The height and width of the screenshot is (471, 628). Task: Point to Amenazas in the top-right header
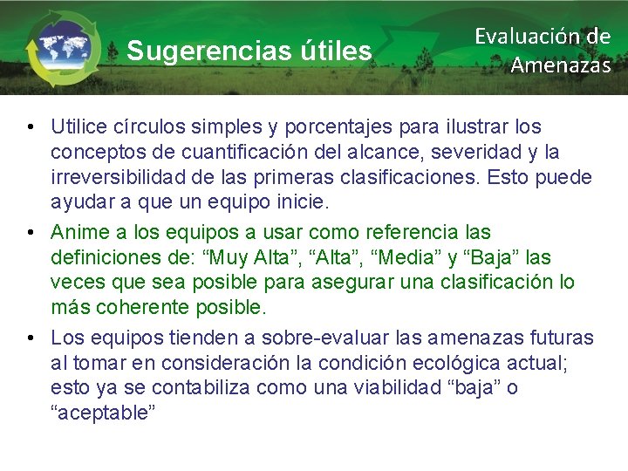click(x=560, y=65)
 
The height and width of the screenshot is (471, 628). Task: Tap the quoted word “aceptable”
click(x=103, y=413)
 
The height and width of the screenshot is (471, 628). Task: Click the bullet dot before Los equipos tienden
click(x=30, y=338)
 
